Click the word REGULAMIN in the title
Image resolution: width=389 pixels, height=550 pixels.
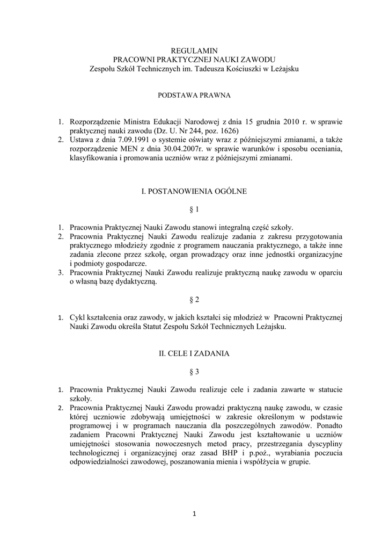pyautogui.click(x=194, y=49)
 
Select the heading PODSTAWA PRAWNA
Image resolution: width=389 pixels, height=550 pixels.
pyautogui.click(x=194, y=95)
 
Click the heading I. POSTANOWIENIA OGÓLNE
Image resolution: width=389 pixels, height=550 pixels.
pyautogui.click(x=194, y=191)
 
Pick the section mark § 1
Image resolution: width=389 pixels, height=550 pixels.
pyautogui.click(x=194, y=208)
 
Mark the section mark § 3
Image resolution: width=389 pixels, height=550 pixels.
pyautogui.click(x=194, y=371)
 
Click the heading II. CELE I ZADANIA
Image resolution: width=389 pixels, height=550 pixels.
pyautogui.click(x=194, y=353)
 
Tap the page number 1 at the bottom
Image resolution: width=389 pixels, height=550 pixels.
pyautogui.click(x=194, y=514)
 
